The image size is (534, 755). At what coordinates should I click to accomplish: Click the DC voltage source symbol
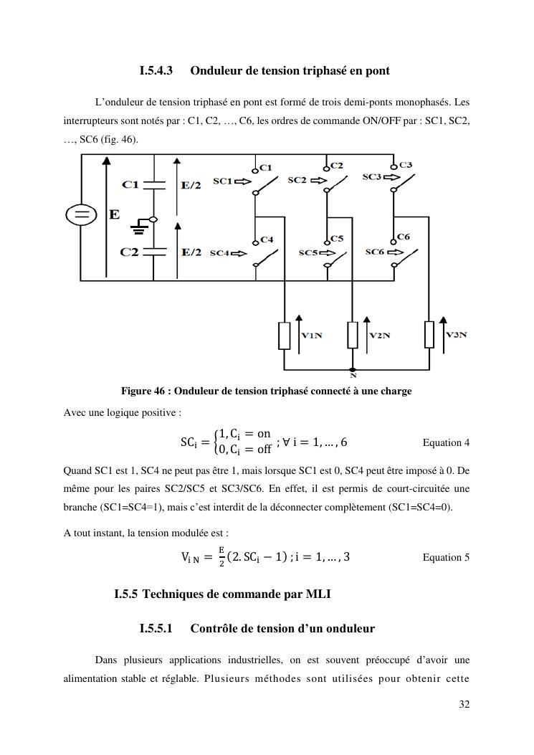tap(81, 214)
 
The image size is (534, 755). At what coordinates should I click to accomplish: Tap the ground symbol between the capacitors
tap(139, 229)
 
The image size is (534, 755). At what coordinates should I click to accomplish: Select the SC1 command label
tap(222, 181)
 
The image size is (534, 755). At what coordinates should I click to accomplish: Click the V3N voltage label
tap(456, 334)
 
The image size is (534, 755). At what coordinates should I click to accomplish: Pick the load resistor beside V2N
tap(352, 335)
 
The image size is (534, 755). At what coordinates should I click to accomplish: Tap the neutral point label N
tap(353, 375)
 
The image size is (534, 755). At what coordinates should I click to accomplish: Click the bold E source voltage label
tap(115, 214)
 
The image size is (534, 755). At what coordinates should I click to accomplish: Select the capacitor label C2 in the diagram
tap(130, 252)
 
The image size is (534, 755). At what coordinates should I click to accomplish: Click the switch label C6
tap(404, 237)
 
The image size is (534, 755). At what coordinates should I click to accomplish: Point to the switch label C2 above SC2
tap(337, 166)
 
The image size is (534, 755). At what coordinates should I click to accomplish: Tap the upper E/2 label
tap(191, 185)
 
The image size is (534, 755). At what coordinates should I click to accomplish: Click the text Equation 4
tap(446, 442)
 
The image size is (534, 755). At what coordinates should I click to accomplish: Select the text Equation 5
tap(446, 557)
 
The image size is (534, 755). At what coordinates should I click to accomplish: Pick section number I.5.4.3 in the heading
tap(156, 71)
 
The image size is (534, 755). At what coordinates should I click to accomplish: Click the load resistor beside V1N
tap(285, 335)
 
